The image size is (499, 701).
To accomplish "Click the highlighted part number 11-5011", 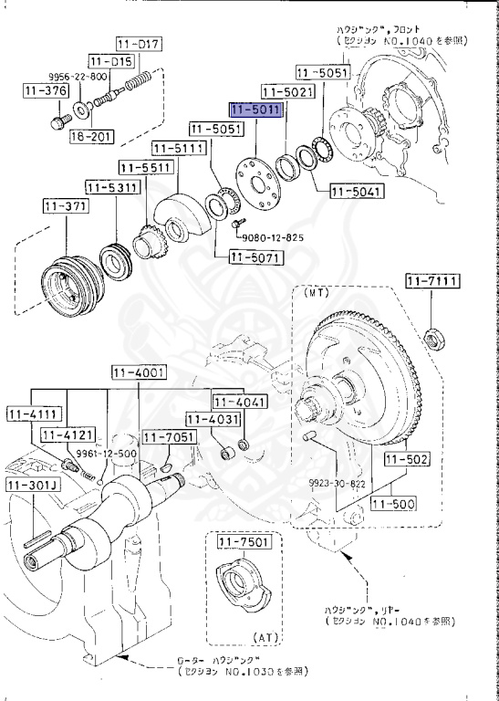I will pyautogui.click(x=258, y=110).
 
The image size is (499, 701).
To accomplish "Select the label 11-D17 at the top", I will pyautogui.click(x=138, y=44).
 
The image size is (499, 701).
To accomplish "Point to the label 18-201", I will pyautogui.click(x=91, y=136).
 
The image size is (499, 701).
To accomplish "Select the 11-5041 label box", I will pyautogui.click(x=356, y=192).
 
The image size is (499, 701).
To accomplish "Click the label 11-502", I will pyautogui.click(x=407, y=459).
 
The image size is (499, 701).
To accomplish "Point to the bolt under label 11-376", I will pyautogui.click(x=57, y=120).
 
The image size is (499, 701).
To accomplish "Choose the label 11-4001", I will pyautogui.click(x=138, y=371).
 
